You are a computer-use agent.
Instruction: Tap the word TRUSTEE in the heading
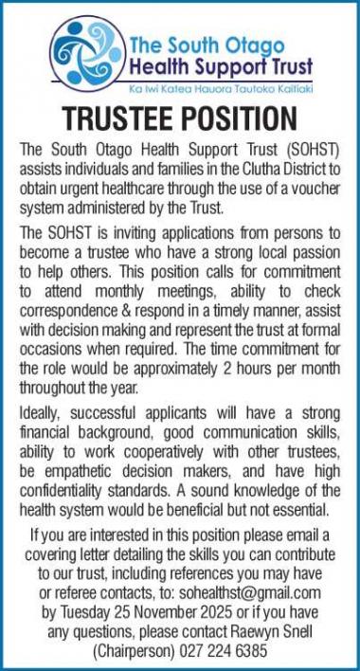119,120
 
